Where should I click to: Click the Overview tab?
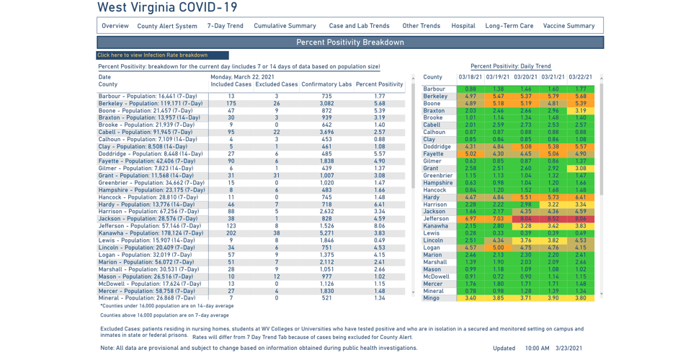pyautogui.click(x=115, y=26)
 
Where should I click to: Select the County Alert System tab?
pyautogui.click(x=167, y=26)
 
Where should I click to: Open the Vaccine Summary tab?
pyautogui.click(x=569, y=26)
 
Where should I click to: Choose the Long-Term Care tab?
pyautogui.click(x=509, y=26)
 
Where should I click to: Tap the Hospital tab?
pyautogui.click(x=463, y=26)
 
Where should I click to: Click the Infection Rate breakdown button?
pyautogui.click(x=163, y=55)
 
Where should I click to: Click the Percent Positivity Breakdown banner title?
pyautogui.click(x=350, y=42)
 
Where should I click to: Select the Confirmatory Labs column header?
pyautogui.click(x=326, y=85)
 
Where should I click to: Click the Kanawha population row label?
pyautogui.click(x=151, y=233)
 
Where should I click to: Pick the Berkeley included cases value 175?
pyautogui.click(x=231, y=104)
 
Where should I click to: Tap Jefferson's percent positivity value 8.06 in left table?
pyautogui.click(x=380, y=226)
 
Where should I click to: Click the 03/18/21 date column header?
pyautogui.click(x=470, y=77)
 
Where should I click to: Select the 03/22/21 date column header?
pyautogui.click(x=580, y=77)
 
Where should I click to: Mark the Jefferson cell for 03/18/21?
pyautogui.click(x=470, y=219)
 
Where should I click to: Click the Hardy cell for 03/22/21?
pyautogui.click(x=580, y=197)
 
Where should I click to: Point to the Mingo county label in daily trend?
pyautogui.click(x=431, y=298)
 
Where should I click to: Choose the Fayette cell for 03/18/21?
pyautogui.click(x=470, y=154)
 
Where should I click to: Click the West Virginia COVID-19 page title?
pyautogui.click(x=167, y=8)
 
